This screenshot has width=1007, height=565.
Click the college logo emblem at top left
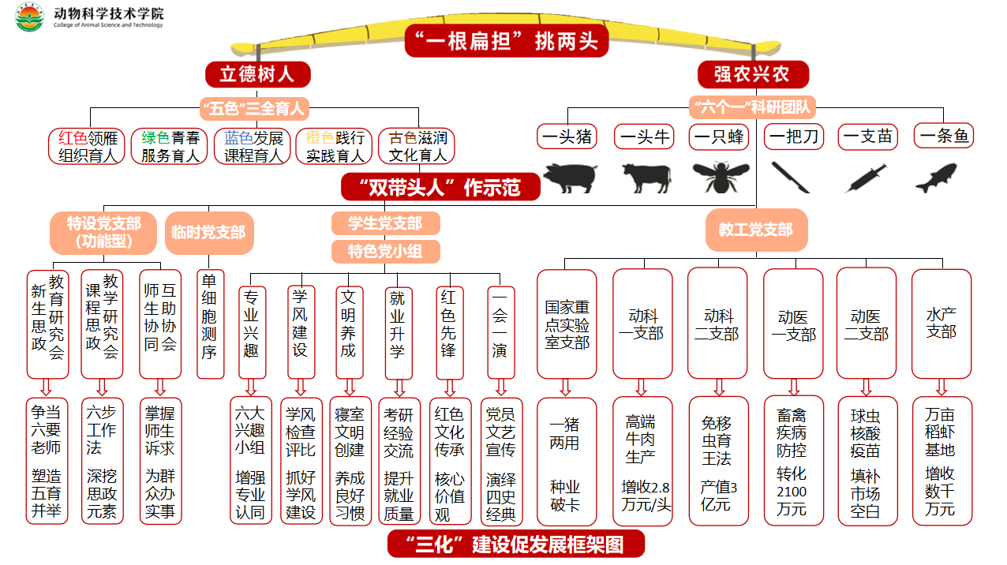click(30, 17)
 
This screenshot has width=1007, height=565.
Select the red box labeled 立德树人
click(257, 74)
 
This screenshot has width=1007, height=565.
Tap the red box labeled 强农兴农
click(752, 74)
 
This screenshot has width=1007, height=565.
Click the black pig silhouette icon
click(570, 177)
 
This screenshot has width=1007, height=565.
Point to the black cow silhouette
click(646, 177)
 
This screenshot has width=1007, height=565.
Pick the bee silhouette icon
click(719, 177)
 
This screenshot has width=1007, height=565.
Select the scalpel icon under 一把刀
click(791, 177)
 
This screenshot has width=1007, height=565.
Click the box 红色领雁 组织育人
click(88, 146)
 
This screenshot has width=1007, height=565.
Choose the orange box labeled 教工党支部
click(755, 230)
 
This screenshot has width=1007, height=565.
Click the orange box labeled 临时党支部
click(208, 232)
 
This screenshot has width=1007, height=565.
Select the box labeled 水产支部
click(941, 324)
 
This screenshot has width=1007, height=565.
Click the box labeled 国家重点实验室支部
click(567, 324)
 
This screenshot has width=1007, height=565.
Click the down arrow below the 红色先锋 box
click(449, 387)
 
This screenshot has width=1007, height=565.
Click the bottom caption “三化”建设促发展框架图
click(515, 544)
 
